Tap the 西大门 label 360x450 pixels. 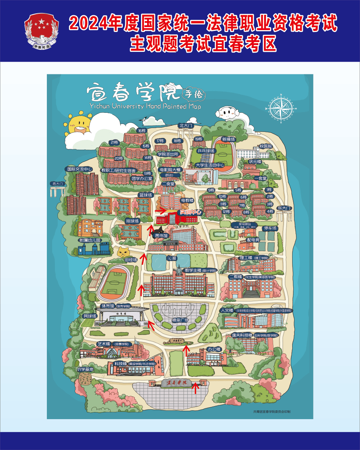(58, 184)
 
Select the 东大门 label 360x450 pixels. (284, 208)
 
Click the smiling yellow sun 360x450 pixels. (79, 123)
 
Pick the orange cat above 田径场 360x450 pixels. (123, 251)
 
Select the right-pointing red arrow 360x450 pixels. (160, 210)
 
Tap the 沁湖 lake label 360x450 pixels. (172, 258)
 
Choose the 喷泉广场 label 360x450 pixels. (180, 320)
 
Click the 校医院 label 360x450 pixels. (266, 146)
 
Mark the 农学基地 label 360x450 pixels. (85, 369)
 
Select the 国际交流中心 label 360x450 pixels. (80, 169)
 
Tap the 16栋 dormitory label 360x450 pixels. (142, 131)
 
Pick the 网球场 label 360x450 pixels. (90, 316)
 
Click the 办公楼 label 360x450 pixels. (214, 349)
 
